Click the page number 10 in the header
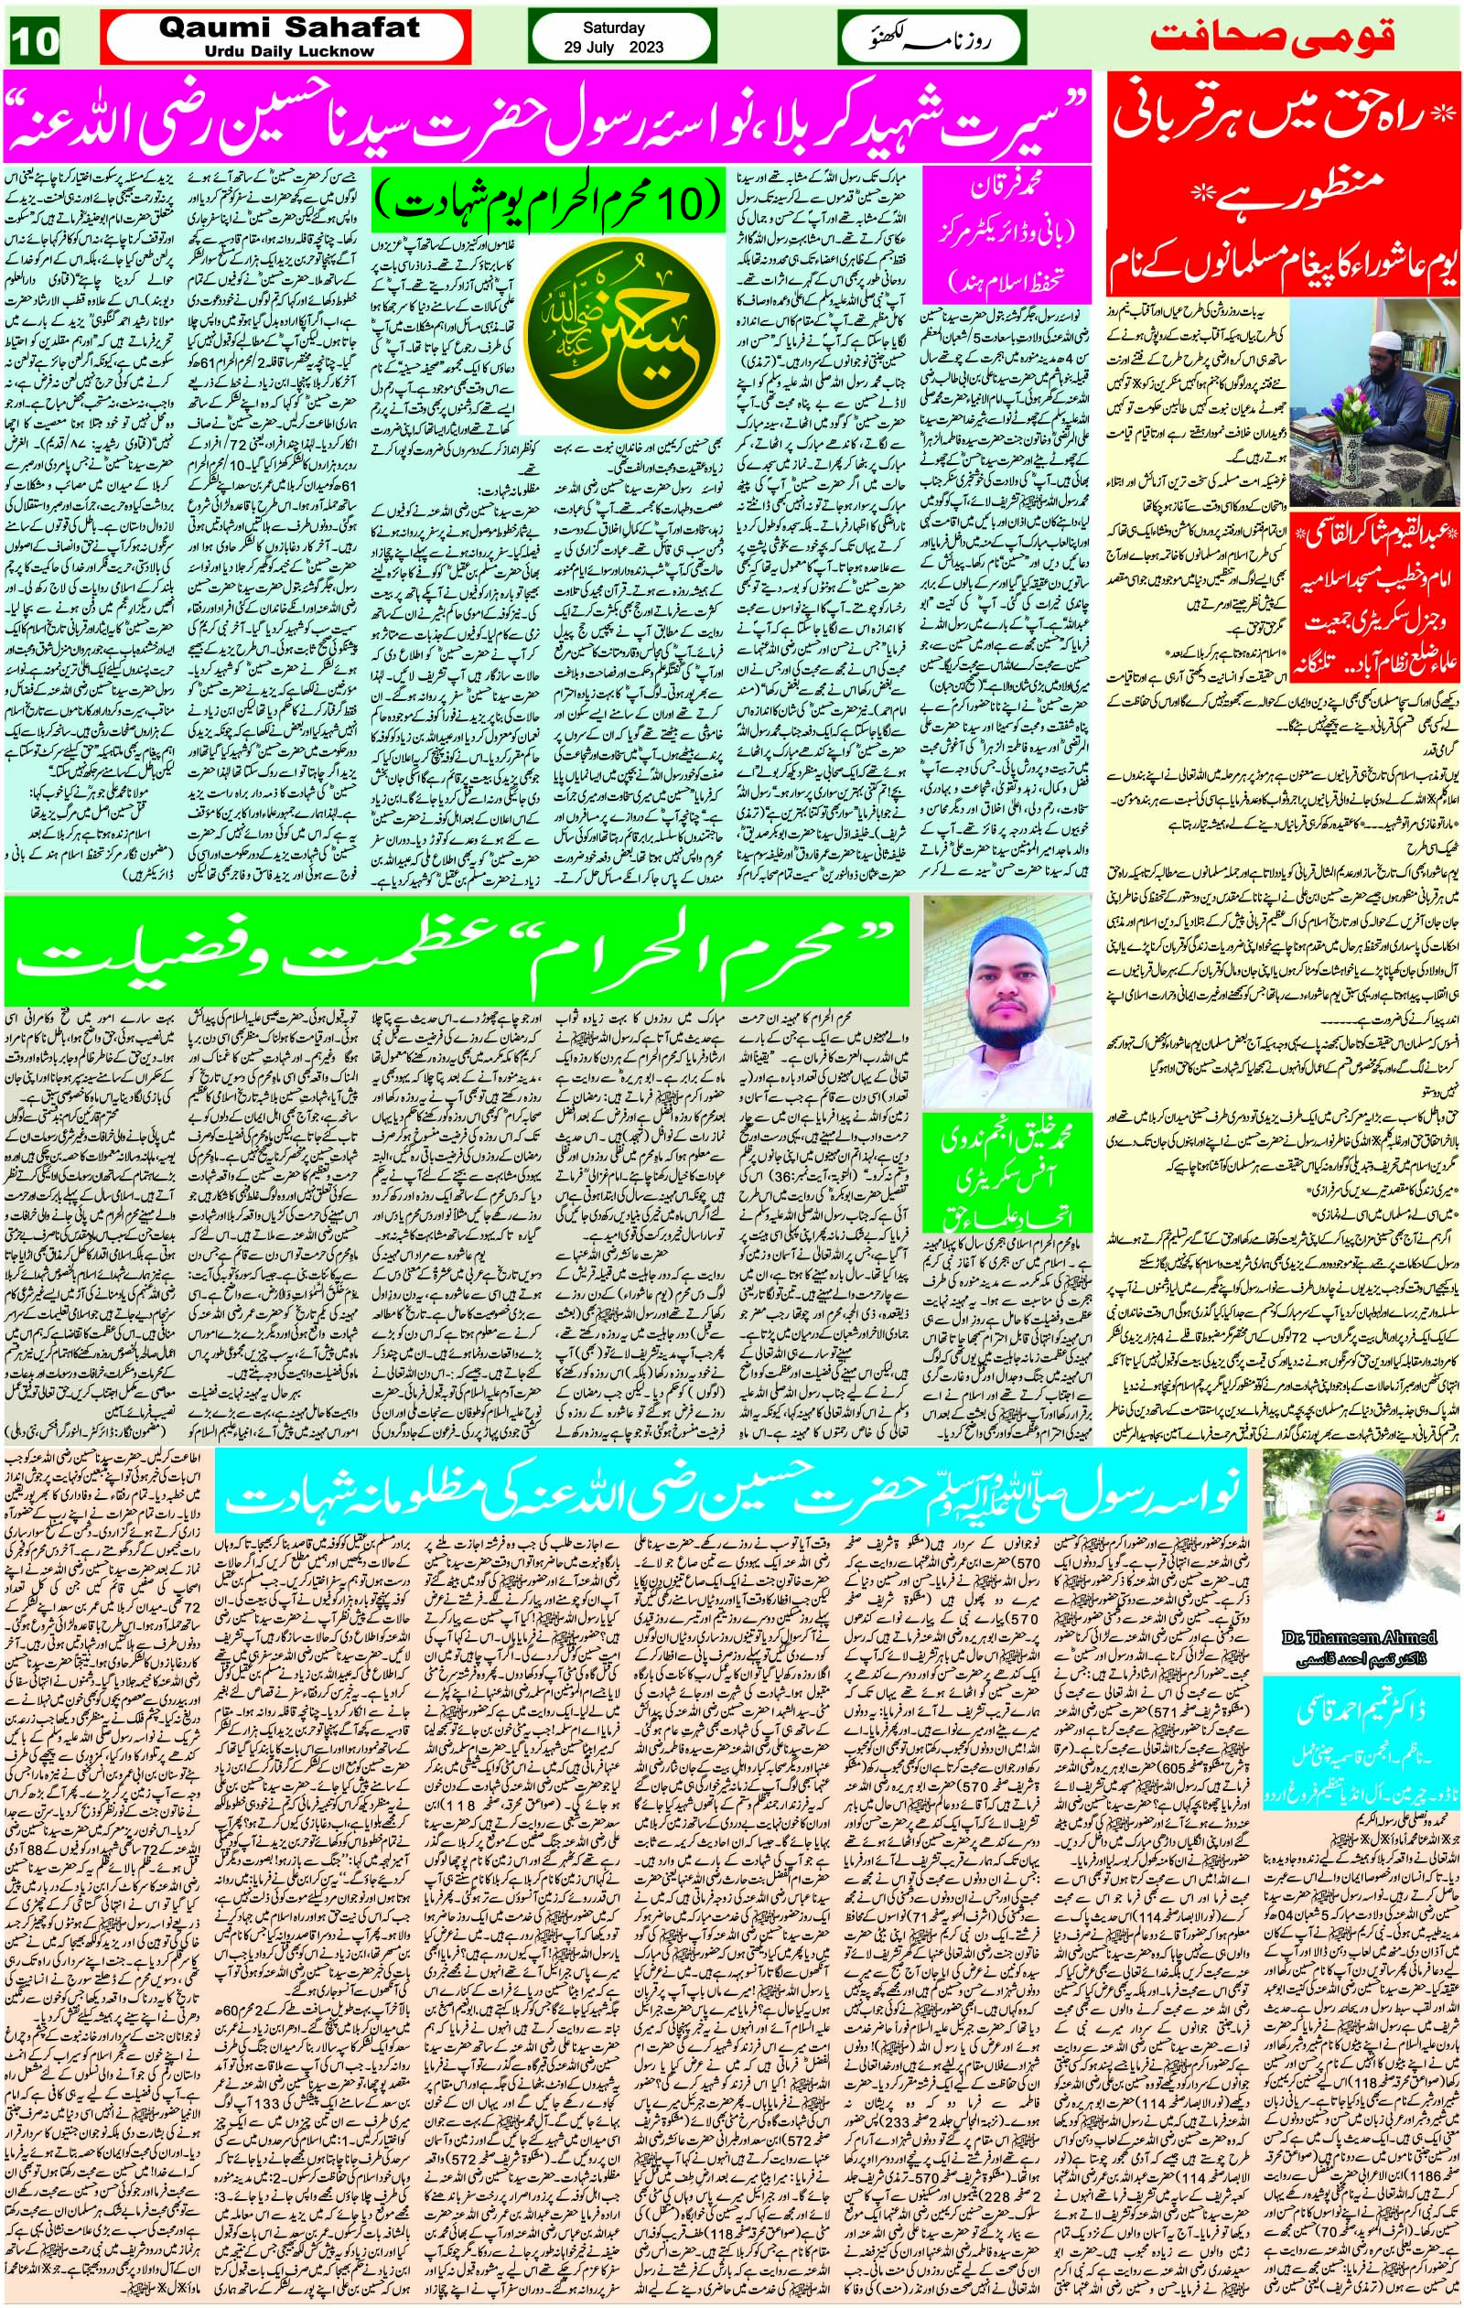point(38,39)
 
